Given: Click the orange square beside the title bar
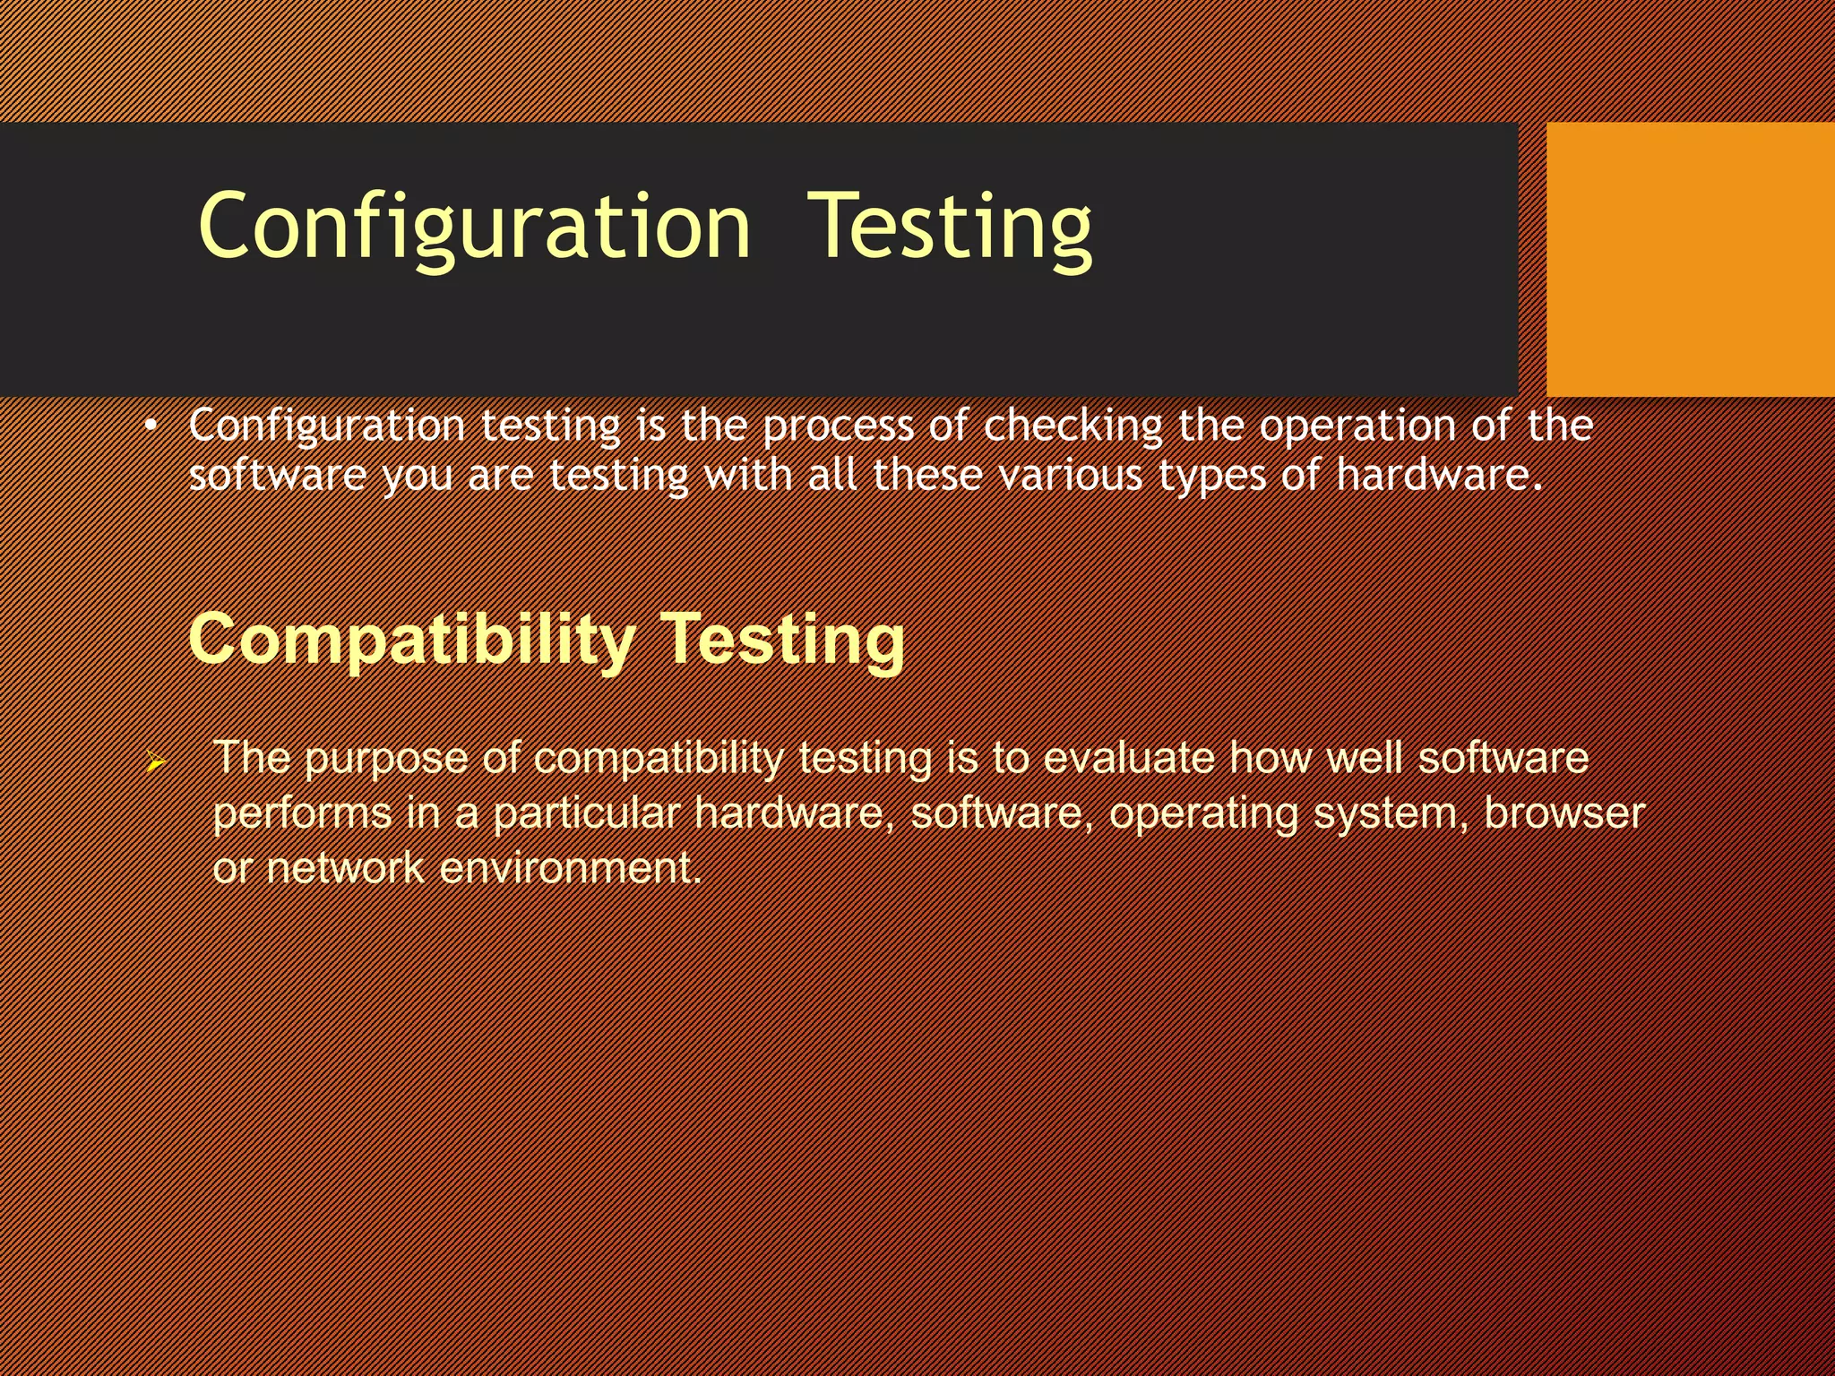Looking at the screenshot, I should [1690, 259].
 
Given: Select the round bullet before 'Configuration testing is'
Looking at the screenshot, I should [151, 427].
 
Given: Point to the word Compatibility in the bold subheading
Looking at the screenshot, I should [411, 640].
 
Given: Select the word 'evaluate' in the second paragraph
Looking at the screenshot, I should [1128, 758].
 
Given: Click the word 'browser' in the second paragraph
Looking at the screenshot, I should [1564, 813].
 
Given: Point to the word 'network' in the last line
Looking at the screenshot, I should [345, 868].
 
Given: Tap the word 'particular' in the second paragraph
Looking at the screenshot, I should [586, 813].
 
